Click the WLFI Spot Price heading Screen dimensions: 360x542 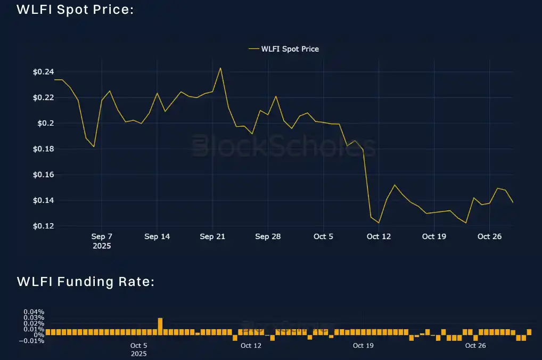click(75, 10)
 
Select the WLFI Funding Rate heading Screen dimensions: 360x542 click(86, 281)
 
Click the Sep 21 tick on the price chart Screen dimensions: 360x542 click(212, 236)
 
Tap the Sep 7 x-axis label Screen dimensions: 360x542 click(102, 236)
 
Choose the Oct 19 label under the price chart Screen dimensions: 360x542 click(434, 236)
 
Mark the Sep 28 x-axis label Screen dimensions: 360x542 click(268, 236)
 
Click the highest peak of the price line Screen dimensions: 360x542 click(220, 68)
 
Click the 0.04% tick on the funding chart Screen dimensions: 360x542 click(34, 312)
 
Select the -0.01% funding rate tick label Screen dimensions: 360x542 click(32, 341)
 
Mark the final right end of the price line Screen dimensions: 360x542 click(513, 202)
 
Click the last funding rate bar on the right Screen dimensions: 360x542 click(529, 332)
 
